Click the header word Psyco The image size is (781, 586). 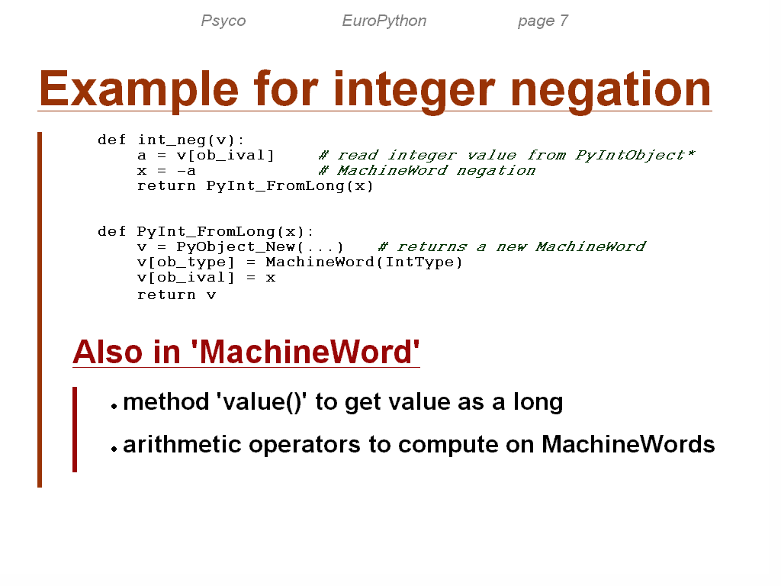point(223,21)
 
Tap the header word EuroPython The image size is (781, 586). point(384,21)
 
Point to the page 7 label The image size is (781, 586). point(542,21)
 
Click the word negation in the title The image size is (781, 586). point(610,90)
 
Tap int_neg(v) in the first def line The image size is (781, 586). point(186,140)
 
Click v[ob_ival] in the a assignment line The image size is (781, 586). point(225,156)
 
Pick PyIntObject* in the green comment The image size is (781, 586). point(635,156)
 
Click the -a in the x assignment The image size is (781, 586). point(186,171)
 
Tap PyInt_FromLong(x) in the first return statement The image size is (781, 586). point(289,186)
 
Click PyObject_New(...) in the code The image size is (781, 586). point(259,247)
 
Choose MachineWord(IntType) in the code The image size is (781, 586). point(364,262)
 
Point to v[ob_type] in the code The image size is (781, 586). point(185,262)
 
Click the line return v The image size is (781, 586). point(176,295)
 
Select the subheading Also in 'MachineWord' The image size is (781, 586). point(246,352)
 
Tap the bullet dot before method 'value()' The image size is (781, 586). point(114,407)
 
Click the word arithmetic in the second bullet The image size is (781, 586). point(182,445)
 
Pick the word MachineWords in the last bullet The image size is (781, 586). point(628,445)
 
